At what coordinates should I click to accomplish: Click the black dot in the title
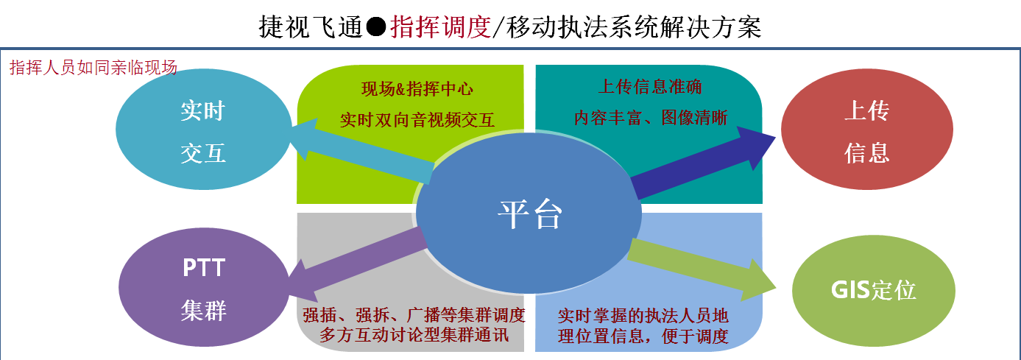pyautogui.click(x=376, y=27)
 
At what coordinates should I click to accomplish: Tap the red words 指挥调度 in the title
pyautogui.click(x=440, y=27)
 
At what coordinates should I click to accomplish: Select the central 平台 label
pyautogui.click(x=530, y=214)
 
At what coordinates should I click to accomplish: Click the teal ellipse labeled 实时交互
pyautogui.click(x=204, y=130)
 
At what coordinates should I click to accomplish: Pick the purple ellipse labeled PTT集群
pyautogui.click(x=204, y=287)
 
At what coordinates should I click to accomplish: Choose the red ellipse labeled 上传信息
pyautogui.click(x=867, y=130)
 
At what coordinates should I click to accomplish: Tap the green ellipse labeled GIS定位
pyautogui.click(x=873, y=291)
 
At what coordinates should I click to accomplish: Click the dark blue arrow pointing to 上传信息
pyautogui.click(x=703, y=163)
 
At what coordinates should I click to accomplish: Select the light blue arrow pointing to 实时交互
pyautogui.click(x=361, y=151)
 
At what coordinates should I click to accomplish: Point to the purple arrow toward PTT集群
pyautogui.click(x=357, y=264)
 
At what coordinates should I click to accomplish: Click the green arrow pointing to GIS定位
pyautogui.click(x=702, y=269)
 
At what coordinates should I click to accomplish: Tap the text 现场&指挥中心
pyautogui.click(x=417, y=89)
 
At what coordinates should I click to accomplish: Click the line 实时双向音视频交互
pyautogui.click(x=417, y=120)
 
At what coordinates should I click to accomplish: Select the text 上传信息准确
pyautogui.click(x=650, y=87)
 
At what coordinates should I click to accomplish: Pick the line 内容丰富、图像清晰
pyautogui.click(x=651, y=118)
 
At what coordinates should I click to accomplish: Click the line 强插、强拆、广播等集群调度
pyautogui.click(x=414, y=315)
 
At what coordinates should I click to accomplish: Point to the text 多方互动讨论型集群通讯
pyautogui.click(x=414, y=335)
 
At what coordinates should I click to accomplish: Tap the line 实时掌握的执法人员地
pyautogui.click(x=643, y=315)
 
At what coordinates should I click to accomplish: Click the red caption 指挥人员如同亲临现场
pyautogui.click(x=93, y=68)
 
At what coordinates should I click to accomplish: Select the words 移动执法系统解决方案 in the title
pyautogui.click(x=634, y=27)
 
